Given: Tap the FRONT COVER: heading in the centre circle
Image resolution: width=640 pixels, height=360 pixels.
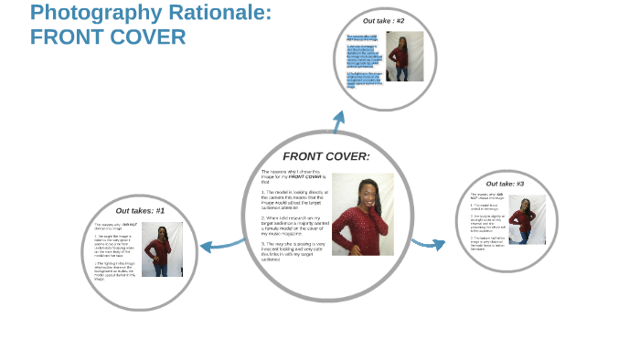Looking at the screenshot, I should pos(325,156).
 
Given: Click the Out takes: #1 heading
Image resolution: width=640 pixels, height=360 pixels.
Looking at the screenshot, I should pos(140,211).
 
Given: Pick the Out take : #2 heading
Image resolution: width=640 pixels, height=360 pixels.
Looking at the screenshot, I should pos(383,21).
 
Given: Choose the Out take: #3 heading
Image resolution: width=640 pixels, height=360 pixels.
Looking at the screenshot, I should pos(505,184).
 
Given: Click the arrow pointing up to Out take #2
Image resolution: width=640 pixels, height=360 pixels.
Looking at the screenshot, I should pos(339,119).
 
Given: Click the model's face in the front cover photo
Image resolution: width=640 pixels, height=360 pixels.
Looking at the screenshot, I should pos(358,189).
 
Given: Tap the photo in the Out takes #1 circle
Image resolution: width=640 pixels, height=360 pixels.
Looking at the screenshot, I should pos(162,249).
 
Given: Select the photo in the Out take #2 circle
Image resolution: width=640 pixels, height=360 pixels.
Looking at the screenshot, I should pos(403,57).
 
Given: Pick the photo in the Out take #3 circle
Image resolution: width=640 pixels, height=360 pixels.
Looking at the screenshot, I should pos(526,219).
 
